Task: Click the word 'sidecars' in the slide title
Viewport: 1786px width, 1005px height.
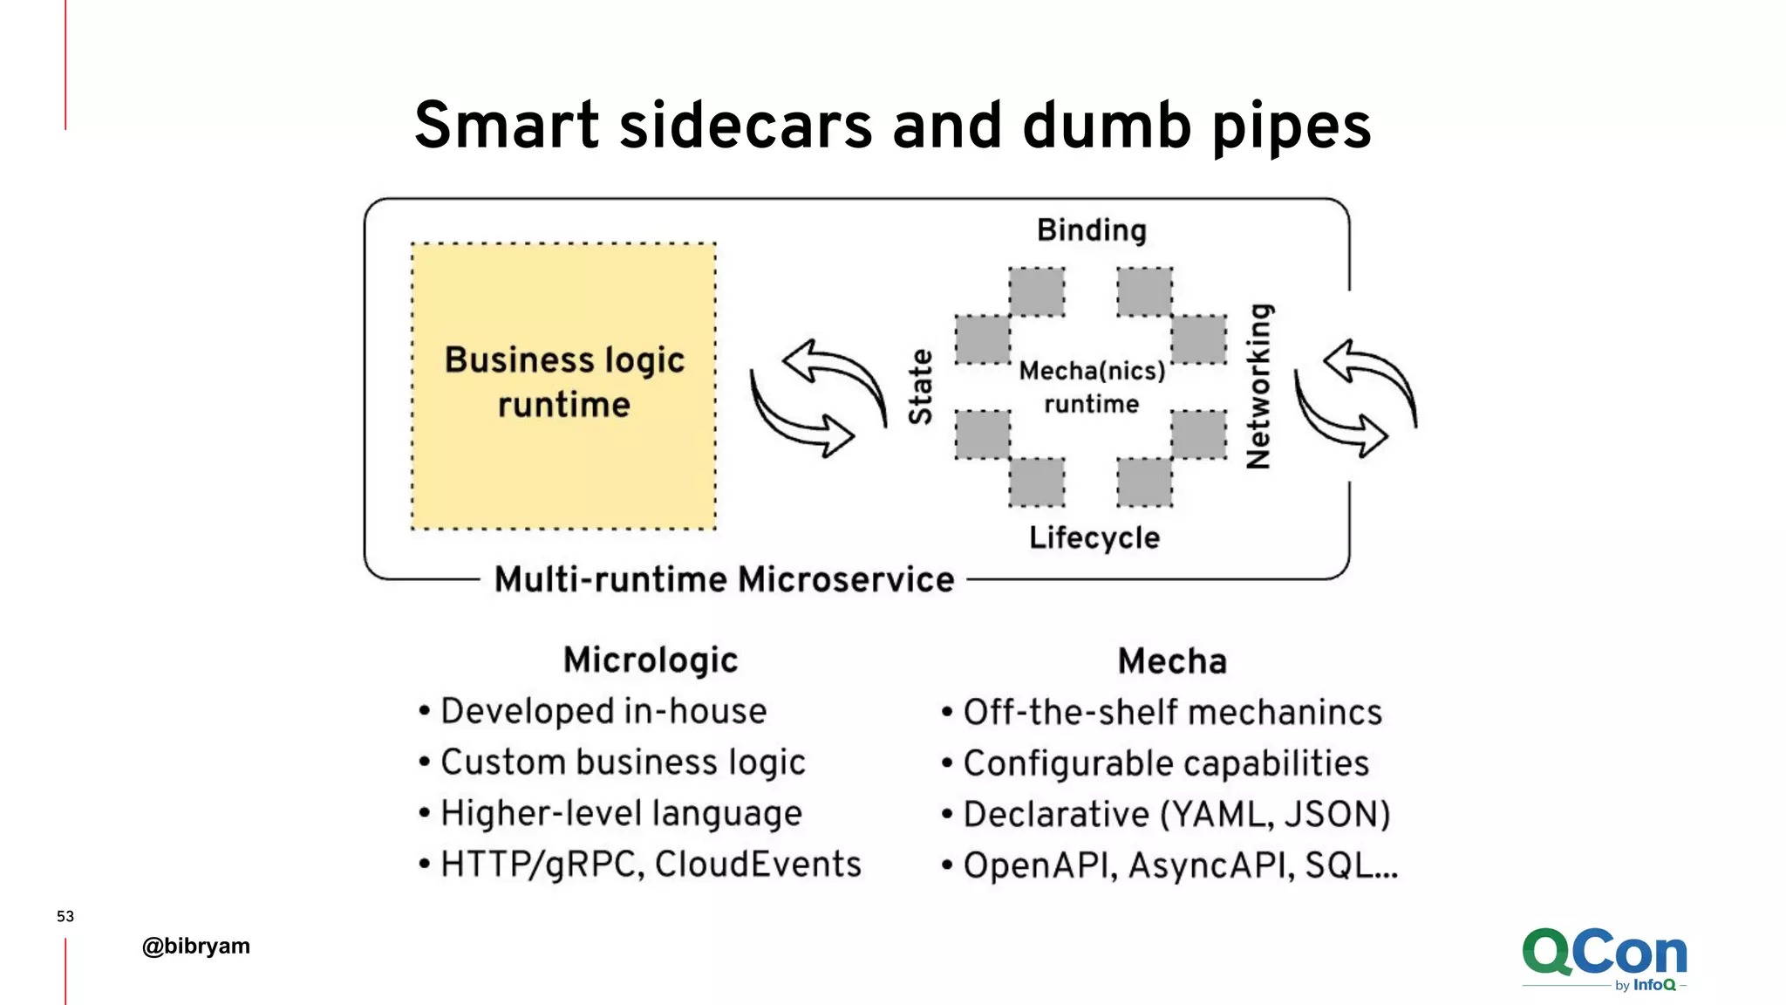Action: (x=746, y=125)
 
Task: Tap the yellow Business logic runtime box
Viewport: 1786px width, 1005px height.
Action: (x=564, y=385)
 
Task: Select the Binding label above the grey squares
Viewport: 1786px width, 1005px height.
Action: (x=1092, y=230)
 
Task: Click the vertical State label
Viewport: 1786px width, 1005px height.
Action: (x=921, y=386)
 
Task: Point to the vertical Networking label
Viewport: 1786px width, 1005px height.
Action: (x=1259, y=386)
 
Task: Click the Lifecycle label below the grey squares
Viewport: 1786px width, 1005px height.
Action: (x=1094, y=537)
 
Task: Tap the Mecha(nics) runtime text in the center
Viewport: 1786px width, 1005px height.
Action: (x=1092, y=387)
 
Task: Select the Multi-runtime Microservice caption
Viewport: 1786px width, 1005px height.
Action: (x=724, y=579)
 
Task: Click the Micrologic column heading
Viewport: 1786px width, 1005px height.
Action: (x=651, y=660)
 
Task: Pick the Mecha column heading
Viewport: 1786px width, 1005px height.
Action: (x=1172, y=661)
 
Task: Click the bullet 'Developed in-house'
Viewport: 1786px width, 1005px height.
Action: (x=603, y=711)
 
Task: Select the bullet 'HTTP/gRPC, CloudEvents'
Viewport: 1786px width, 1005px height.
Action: (x=650, y=865)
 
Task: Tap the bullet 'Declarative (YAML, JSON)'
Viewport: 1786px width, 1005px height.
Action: (x=1176, y=814)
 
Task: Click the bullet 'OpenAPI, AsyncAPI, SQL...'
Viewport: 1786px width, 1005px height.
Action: (x=1179, y=865)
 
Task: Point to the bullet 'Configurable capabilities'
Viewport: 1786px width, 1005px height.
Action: (x=1165, y=763)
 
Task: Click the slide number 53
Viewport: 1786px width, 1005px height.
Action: (x=65, y=916)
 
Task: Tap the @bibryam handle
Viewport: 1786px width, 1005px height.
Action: (x=196, y=946)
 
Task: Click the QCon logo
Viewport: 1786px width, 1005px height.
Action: (x=1605, y=958)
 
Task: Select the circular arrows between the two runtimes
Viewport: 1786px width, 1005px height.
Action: (x=818, y=398)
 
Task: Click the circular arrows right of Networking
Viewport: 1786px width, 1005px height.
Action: (x=1355, y=398)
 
